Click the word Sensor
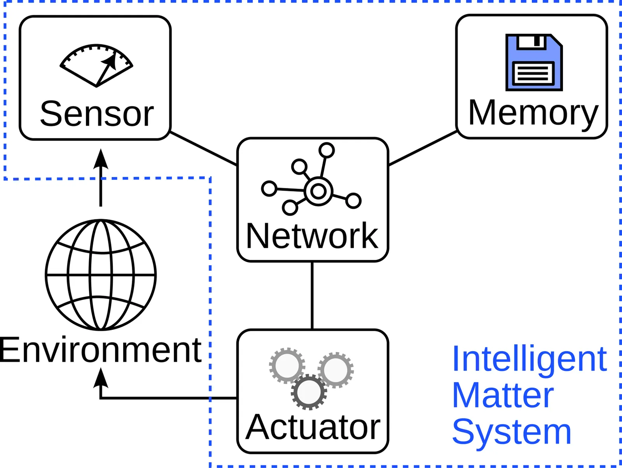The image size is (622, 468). [97, 114]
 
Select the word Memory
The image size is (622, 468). [533, 113]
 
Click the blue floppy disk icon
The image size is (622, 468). [534, 63]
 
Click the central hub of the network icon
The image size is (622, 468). [318, 191]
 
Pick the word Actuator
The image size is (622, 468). [313, 427]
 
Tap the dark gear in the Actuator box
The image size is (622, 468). [309, 392]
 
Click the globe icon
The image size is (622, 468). [101, 275]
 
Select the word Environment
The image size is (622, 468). [100, 350]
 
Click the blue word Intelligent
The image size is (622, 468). [529, 359]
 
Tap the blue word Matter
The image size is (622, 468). [503, 396]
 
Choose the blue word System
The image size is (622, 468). [512, 432]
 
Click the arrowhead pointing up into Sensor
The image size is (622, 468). [101, 159]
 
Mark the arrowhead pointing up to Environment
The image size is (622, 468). [101, 378]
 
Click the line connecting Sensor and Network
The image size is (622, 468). [204, 149]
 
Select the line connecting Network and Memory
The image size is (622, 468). [423, 148]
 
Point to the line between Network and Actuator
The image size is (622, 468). [312, 296]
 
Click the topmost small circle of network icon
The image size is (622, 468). [327, 150]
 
